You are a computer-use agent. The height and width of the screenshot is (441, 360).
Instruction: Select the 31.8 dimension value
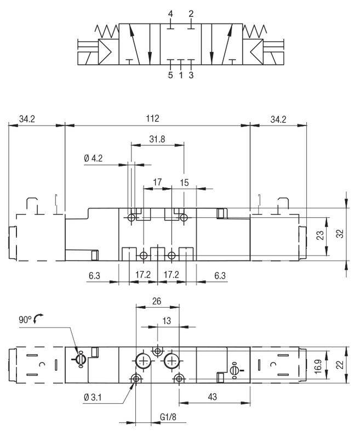click(157, 139)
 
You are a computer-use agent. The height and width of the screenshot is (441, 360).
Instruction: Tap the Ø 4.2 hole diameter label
click(94, 159)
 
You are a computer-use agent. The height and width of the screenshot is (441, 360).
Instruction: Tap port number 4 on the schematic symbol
click(170, 13)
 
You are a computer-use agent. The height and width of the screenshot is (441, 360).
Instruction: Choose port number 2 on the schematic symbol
click(191, 13)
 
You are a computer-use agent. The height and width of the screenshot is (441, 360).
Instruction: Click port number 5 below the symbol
click(170, 75)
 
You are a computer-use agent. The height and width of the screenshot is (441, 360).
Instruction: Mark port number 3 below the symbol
click(191, 75)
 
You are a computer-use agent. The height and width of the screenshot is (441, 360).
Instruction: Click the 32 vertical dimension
click(339, 233)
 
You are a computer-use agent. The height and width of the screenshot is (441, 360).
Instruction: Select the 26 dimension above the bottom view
click(157, 301)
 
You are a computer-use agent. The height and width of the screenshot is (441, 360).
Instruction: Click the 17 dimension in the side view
click(157, 182)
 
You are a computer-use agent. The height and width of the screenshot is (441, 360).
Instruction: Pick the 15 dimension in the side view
click(184, 182)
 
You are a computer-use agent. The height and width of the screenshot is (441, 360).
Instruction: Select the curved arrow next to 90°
click(38, 319)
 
